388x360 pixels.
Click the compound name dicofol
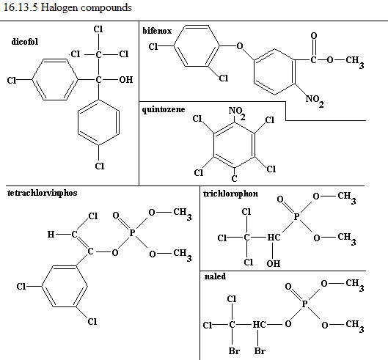click(25, 42)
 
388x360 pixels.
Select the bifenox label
click(157, 31)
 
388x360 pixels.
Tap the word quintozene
click(164, 109)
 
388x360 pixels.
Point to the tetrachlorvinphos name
click(43, 193)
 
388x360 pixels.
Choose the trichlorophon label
click(230, 194)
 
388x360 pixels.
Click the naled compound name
click(215, 276)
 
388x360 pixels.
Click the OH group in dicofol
click(126, 80)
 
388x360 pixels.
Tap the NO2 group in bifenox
click(315, 100)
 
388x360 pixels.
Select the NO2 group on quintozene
click(237, 113)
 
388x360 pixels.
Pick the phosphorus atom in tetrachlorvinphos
click(132, 233)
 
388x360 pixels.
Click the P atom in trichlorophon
click(296, 217)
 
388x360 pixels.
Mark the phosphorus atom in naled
click(304, 304)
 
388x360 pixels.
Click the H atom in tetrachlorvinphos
click(51, 234)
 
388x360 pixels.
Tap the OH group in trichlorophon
click(274, 263)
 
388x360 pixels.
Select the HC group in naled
click(259, 324)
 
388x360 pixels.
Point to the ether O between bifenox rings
click(240, 46)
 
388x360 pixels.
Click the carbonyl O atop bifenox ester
click(314, 36)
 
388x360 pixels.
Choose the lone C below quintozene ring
click(234, 179)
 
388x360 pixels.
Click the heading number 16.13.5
click(21, 7)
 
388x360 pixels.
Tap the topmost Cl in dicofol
click(98, 29)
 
